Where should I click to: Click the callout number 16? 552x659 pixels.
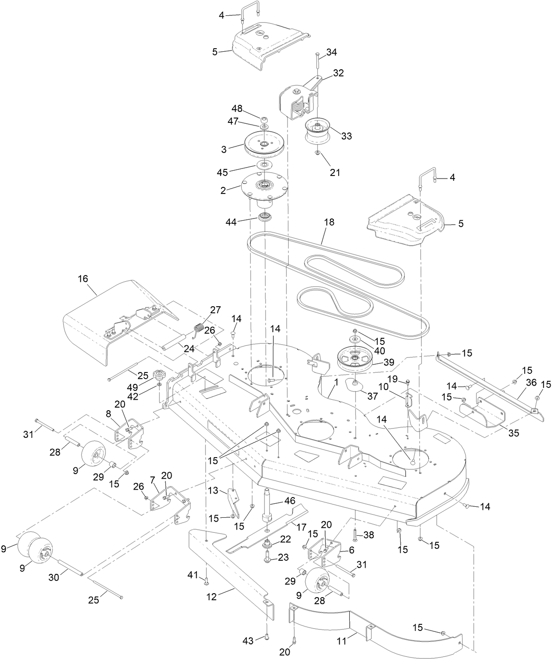click(83, 279)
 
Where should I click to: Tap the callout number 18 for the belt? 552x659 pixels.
click(329, 222)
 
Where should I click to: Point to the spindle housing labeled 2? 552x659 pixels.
click(263, 186)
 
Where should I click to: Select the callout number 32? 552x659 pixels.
click(338, 73)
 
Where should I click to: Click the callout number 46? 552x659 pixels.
click(290, 501)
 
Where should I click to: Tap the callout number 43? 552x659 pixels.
click(248, 641)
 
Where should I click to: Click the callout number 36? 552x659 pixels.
click(531, 383)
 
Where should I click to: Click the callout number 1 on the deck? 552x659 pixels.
click(336, 382)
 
